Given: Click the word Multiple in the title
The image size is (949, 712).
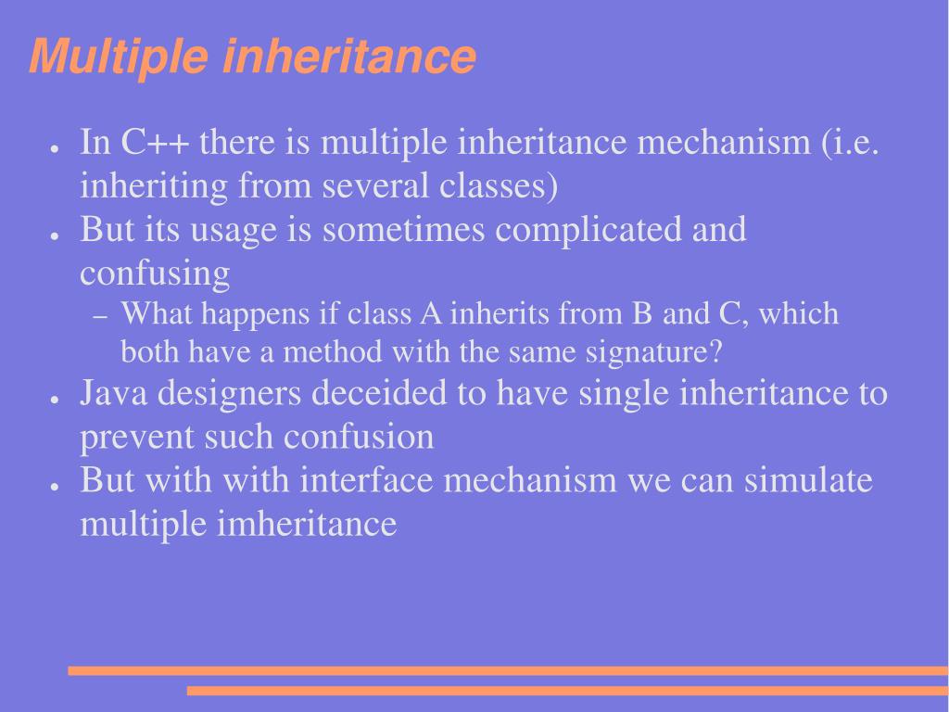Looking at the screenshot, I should point(119,57).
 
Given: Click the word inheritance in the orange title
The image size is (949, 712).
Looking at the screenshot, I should point(350,57).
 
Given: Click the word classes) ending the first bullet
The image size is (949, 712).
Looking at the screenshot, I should point(498,186).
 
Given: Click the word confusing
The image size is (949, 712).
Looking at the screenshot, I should point(155,273).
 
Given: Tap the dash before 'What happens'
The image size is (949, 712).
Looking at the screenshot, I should point(102,316).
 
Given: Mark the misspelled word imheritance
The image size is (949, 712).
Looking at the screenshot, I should point(307,524).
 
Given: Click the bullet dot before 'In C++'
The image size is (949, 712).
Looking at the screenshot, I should point(56,148).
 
